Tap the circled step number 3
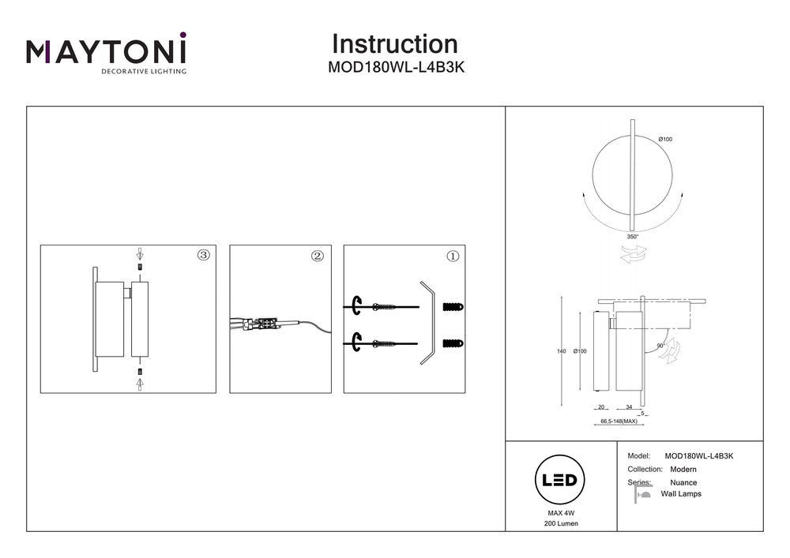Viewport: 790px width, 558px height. pyautogui.click(x=204, y=255)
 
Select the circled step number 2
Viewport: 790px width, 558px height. pyautogui.click(x=318, y=256)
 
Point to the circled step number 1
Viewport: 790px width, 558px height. pyautogui.click(x=453, y=256)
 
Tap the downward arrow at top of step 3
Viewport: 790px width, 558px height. pyautogui.click(x=140, y=254)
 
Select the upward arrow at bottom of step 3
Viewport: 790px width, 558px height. pyautogui.click(x=140, y=383)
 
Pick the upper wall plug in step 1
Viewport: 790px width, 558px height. pyautogui.click(x=453, y=305)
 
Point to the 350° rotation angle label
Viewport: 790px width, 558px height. pyautogui.click(x=633, y=235)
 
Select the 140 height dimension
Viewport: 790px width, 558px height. pyautogui.click(x=562, y=351)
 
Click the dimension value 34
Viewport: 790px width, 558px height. pyautogui.click(x=629, y=407)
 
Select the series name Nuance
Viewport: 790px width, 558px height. pyautogui.click(x=683, y=482)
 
